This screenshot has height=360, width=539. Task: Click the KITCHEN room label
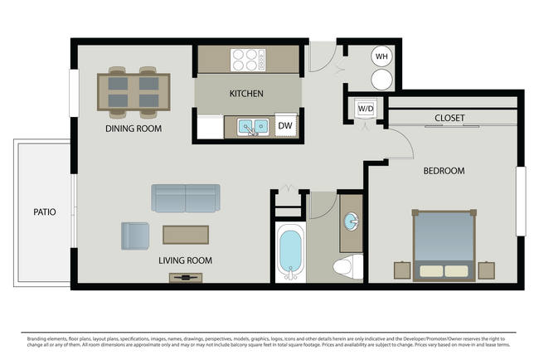pos(246,94)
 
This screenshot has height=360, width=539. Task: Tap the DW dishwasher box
pos(284,126)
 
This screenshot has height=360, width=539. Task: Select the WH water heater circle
pos(381,56)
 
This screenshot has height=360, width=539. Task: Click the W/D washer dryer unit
pos(365,109)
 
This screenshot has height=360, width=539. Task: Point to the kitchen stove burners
pos(248,60)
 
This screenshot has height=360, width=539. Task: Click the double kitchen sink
pos(251,127)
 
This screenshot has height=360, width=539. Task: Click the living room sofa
pos(186,198)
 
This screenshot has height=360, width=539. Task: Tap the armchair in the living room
pos(135,236)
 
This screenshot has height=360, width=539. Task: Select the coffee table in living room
pos(186,234)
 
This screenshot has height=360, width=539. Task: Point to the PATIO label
pos(45,212)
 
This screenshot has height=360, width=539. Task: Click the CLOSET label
pos(449,119)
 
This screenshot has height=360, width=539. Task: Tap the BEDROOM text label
pos(444,171)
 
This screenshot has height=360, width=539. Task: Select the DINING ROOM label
pos(133,129)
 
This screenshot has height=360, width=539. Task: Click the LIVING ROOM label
pos(185,260)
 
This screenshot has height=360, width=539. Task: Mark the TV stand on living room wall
pos(185,277)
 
